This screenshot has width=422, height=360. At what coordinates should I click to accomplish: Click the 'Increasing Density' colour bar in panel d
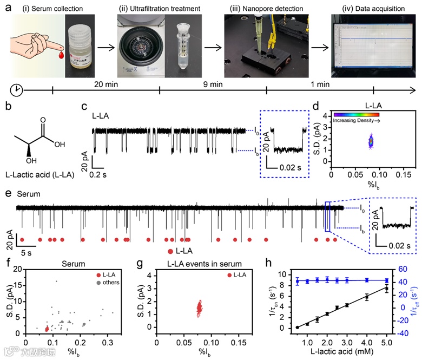click(x=357, y=115)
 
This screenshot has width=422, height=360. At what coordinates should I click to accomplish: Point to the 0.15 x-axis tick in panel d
click(x=401, y=174)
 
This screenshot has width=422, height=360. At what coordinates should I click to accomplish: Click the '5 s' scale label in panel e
click(x=27, y=252)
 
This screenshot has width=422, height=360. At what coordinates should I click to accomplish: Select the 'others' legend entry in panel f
click(x=111, y=282)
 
